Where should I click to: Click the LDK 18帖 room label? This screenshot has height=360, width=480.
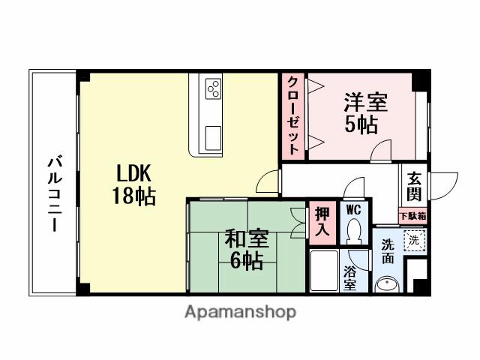135,184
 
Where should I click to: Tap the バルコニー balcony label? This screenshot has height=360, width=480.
54,193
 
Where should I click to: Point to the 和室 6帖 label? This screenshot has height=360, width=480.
245,250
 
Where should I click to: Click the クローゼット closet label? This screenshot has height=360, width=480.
294,115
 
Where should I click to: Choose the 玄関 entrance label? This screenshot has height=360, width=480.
414,187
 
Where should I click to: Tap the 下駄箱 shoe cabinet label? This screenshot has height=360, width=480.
412,216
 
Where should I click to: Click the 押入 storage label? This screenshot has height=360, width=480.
322,221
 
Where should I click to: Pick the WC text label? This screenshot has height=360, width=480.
353,210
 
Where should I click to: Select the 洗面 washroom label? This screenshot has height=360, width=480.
387,250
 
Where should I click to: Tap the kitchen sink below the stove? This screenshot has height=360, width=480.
213,137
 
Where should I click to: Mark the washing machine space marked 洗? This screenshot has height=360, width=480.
413,240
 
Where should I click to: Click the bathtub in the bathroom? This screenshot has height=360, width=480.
323,271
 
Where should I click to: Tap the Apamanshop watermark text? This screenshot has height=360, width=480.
240,311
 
